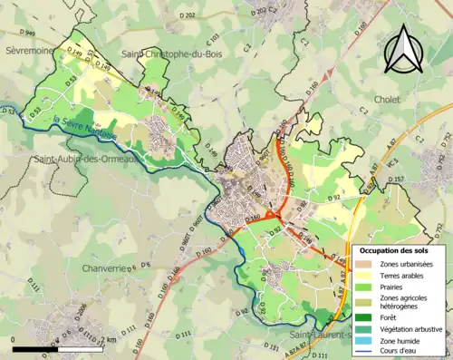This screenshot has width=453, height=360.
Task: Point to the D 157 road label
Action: (396, 180)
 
